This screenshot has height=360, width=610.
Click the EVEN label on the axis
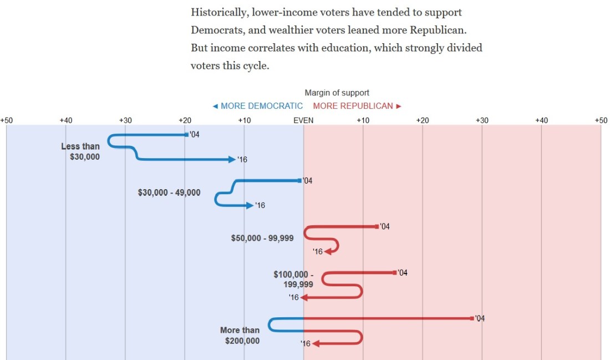tap(303, 120)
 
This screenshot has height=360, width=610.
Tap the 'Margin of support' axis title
tap(337, 93)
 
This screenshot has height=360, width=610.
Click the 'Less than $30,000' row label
tap(81, 151)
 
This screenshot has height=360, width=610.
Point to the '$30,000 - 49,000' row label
tap(169, 192)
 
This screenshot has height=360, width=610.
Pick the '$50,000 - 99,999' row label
tap(262, 238)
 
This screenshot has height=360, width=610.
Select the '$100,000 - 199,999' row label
tap(293, 279)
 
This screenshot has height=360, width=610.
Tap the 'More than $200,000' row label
tap(240, 336)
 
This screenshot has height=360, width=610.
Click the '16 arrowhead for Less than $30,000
tap(232, 159)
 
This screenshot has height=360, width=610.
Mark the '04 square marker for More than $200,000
tap(472, 318)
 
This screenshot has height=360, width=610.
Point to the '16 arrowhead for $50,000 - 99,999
tap(328, 251)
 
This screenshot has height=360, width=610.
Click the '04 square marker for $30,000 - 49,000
tap(299, 180)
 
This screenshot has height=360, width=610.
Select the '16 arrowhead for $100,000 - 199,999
tap(304, 297)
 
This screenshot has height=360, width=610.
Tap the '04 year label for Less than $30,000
tap(194, 135)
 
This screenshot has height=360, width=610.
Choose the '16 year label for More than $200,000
tap(306, 344)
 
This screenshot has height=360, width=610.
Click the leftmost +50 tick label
tap(6, 120)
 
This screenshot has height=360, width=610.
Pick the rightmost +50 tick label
tap(601, 120)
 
